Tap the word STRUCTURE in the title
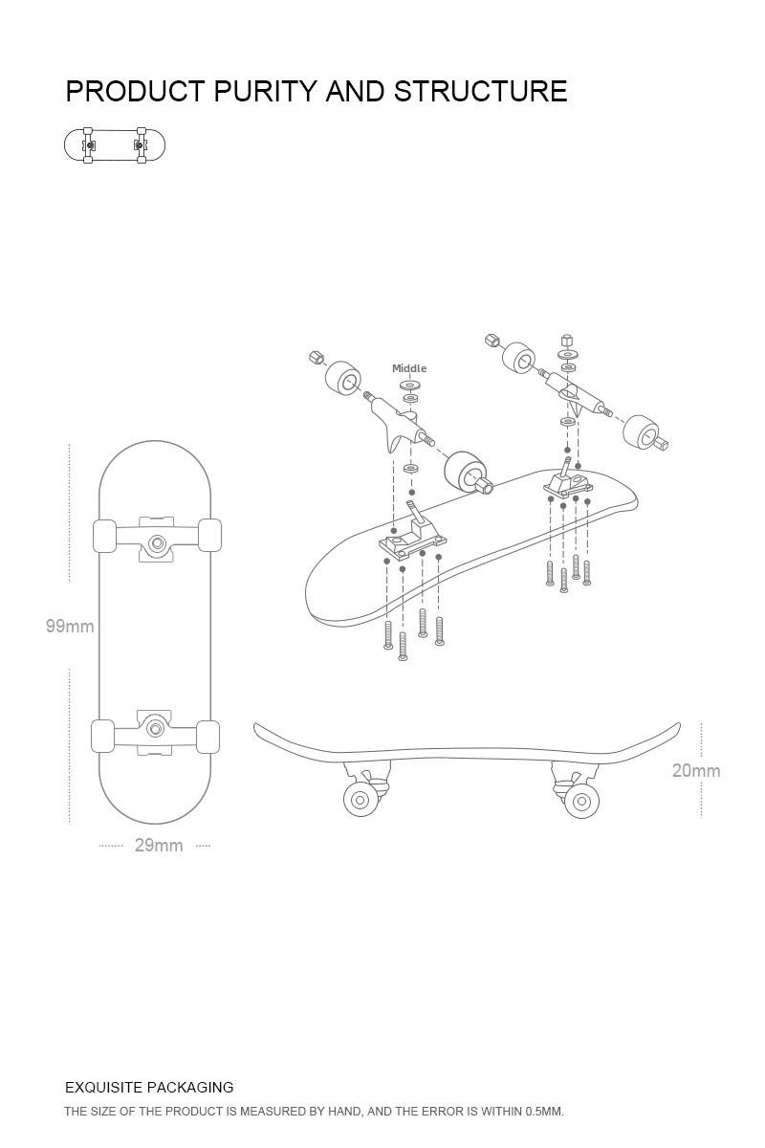click(480, 92)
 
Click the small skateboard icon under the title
click(115, 145)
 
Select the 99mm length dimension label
click(70, 627)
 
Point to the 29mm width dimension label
click(159, 846)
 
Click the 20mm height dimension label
click(696, 771)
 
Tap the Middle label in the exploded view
click(409, 368)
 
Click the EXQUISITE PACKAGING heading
click(149, 1088)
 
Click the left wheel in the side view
click(361, 801)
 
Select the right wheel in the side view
click(579, 801)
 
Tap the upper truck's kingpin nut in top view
click(157, 544)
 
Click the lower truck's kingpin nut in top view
click(155, 730)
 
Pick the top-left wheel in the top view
click(104, 536)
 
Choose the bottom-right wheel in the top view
click(208, 737)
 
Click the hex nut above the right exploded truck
click(568, 341)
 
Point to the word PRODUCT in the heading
click(135, 92)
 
